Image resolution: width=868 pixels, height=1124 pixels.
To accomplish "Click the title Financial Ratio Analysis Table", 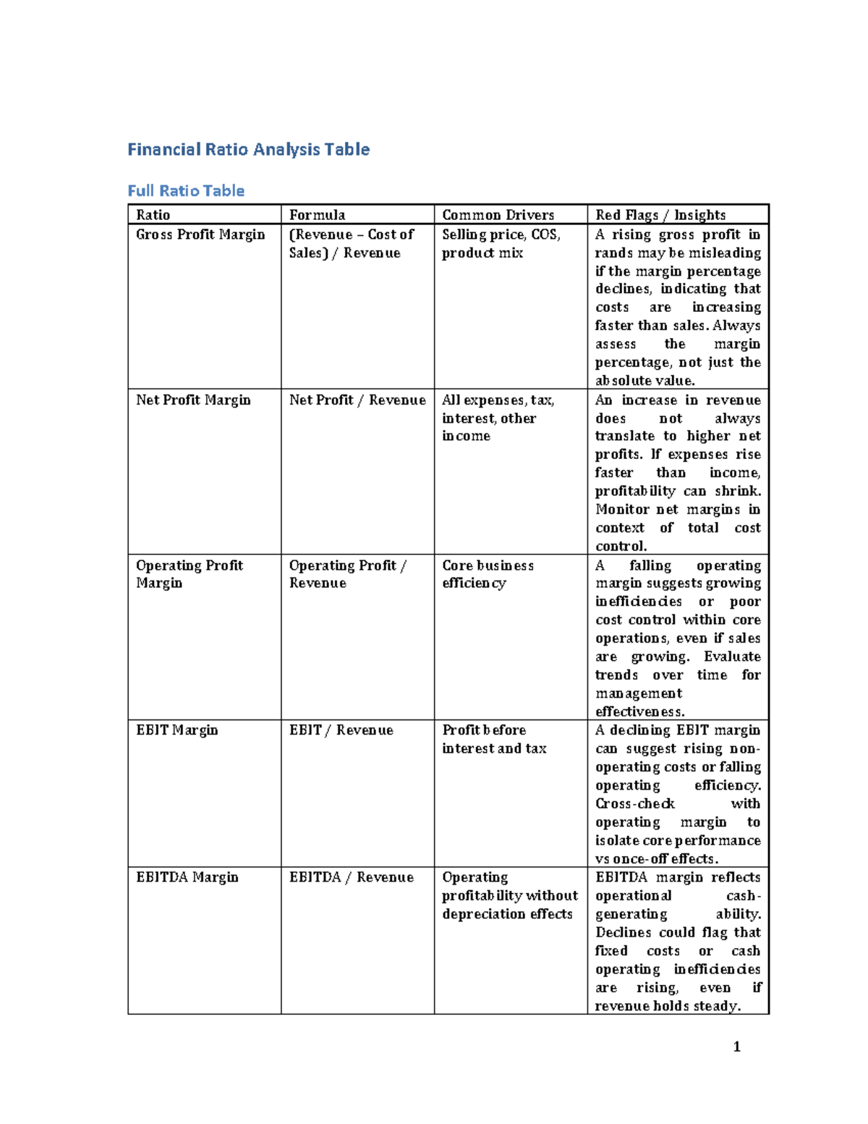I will pyautogui.click(x=248, y=150).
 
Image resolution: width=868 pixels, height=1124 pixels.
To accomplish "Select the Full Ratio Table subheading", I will pyautogui.click(x=186, y=191).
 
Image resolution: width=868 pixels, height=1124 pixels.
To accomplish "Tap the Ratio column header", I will pyautogui.click(x=153, y=215).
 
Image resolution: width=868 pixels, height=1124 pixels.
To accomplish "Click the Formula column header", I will pyautogui.click(x=317, y=215).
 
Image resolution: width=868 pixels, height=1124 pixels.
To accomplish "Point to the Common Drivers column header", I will pyautogui.click(x=498, y=215).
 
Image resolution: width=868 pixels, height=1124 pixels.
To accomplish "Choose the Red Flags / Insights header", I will pyautogui.click(x=660, y=215).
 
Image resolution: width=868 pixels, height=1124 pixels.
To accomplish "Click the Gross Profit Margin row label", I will pyautogui.click(x=200, y=234).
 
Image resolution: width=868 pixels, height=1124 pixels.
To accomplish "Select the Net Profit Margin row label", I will pyautogui.click(x=193, y=400).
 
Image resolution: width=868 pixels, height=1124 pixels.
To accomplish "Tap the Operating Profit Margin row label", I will pyautogui.click(x=189, y=574).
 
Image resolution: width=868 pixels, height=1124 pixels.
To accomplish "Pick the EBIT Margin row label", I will pyautogui.click(x=176, y=730).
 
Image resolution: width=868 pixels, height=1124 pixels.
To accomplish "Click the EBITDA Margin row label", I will pyautogui.click(x=187, y=877).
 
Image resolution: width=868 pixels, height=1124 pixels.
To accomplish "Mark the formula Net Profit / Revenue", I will pyautogui.click(x=357, y=400).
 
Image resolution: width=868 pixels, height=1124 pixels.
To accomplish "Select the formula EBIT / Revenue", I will pyautogui.click(x=341, y=730).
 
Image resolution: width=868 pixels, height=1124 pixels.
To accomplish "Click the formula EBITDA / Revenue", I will pyautogui.click(x=351, y=877).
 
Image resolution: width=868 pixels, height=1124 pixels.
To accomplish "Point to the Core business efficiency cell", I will pyautogui.click(x=488, y=574).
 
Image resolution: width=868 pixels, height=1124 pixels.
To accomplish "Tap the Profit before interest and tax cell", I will pyautogui.click(x=494, y=739).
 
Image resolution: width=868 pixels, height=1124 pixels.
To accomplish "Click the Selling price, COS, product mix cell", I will pyautogui.click(x=501, y=243).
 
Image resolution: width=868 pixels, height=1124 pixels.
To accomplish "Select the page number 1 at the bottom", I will pyautogui.click(x=736, y=1047).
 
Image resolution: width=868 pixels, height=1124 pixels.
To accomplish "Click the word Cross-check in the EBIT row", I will pyautogui.click(x=634, y=804).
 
